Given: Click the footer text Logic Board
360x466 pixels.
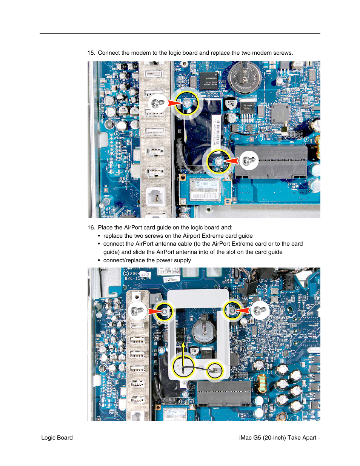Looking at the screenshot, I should coord(57,438).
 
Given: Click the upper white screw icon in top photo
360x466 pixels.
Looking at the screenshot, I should coord(158,103).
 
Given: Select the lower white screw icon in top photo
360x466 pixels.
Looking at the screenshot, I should coord(248,161).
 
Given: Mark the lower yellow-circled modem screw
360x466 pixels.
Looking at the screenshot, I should coord(218,161).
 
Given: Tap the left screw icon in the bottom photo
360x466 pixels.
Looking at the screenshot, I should coord(137,311).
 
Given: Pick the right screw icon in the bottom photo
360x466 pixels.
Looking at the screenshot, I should coord(260,311).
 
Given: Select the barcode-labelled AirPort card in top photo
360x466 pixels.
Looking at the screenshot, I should coord(205,189).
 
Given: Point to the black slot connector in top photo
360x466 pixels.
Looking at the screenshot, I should coord(271,162).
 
